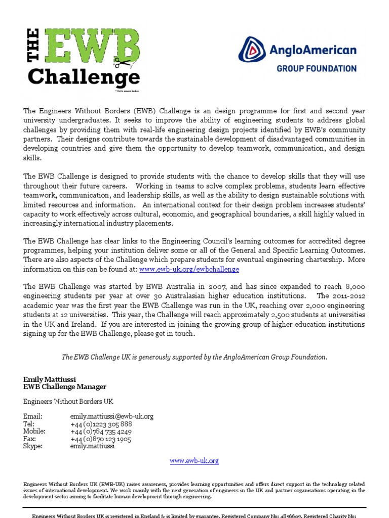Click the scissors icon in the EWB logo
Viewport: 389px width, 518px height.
[122, 63]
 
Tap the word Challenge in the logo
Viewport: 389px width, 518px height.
[84, 77]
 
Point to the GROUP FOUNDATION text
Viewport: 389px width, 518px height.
[316, 68]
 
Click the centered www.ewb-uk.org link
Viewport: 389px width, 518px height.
[194, 461]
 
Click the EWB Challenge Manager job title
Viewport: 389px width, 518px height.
[65, 387]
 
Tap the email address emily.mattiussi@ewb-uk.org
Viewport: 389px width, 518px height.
[111, 416]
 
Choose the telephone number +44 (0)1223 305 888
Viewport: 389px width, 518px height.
[101, 424]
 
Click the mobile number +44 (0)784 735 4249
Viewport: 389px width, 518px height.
[101, 431]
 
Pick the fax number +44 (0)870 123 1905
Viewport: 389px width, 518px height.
[100, 439]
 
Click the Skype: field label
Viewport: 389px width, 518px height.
[33, 446]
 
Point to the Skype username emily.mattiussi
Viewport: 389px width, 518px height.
[92, 446]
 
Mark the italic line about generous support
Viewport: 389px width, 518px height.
[194, 357]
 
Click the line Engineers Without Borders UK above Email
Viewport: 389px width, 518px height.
[68, 401]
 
